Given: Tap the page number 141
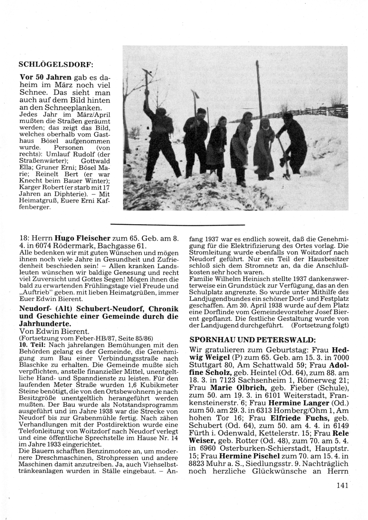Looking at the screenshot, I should (342, 485).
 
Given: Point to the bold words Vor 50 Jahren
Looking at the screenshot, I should (45, 78).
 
